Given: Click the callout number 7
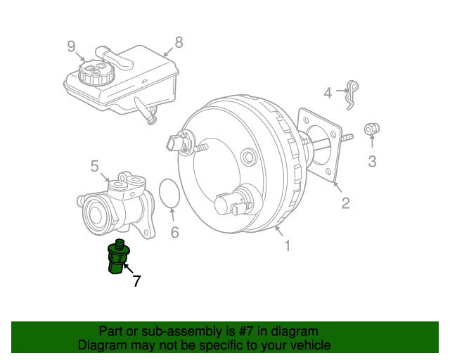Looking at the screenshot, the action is [136, 281].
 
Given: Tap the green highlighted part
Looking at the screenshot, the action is [118, 257].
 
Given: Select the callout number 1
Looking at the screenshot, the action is [288, 245].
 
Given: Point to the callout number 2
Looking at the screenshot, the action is [345, 203].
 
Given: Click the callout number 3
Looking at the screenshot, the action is [372, 161].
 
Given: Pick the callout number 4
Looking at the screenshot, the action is [328, 93].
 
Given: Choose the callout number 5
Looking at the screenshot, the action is [94, 166].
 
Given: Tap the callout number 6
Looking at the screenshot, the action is [175, 232].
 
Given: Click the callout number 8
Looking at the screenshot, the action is [179, 42].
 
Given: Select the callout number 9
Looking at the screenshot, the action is [71, 46].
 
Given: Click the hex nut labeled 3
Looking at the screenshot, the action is [372, 129].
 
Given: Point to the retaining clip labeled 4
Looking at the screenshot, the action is [352, 95].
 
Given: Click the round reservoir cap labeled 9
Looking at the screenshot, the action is [96, 72].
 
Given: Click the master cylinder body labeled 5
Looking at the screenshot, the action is [116, 205].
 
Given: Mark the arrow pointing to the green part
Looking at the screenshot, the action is [128, 268].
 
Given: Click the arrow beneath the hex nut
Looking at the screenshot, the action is [372, 141].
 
